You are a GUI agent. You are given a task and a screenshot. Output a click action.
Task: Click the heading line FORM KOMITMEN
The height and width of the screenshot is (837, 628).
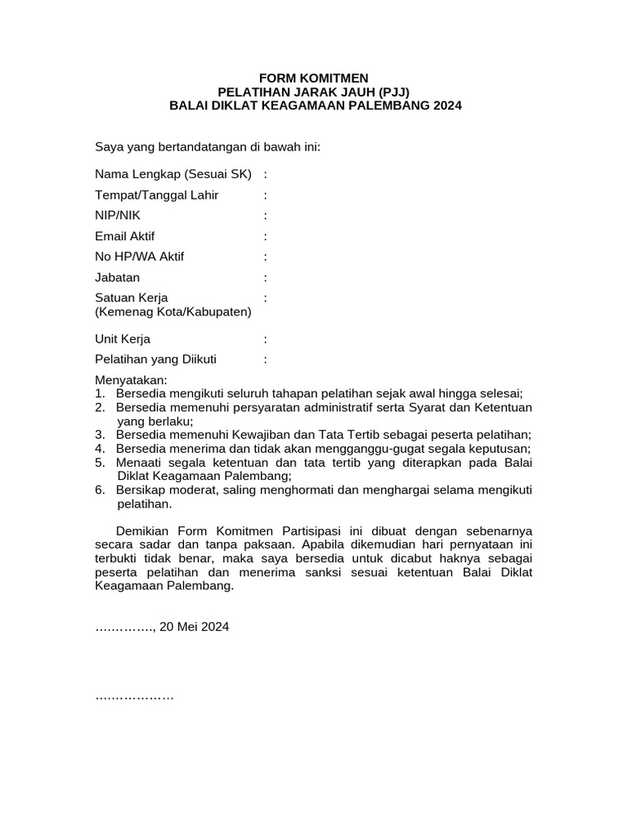(315, 78)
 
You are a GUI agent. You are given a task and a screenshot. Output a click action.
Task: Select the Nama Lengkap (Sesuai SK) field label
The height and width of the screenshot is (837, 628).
(174, 174)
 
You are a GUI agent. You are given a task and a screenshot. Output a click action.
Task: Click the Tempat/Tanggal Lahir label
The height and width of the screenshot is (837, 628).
(156, 195)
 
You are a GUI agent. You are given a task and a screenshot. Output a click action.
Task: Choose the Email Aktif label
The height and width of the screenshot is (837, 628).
(124, 236)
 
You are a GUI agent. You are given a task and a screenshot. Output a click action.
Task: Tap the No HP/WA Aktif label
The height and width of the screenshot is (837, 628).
(139, 257)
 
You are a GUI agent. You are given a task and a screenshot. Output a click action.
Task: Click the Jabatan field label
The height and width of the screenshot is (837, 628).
(118, 277)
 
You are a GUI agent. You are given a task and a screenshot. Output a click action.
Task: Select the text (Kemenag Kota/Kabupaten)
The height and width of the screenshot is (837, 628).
(173, 311)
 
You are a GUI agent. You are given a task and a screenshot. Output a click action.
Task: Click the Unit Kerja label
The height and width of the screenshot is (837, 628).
(123, 338)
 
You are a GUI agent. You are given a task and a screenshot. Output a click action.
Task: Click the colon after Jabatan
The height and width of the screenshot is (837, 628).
(266, 277)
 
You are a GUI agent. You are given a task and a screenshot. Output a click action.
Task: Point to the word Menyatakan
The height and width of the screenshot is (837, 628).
(131, 380)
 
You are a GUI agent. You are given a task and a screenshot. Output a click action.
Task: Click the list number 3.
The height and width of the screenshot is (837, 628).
(99, 434)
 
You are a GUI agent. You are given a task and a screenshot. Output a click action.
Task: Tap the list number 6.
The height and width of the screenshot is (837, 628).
(99, 490)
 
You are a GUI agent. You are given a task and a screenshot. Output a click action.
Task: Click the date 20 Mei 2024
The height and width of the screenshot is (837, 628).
(195, 627)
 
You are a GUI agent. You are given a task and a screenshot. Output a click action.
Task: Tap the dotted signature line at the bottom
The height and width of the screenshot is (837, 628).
(135, 697)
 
